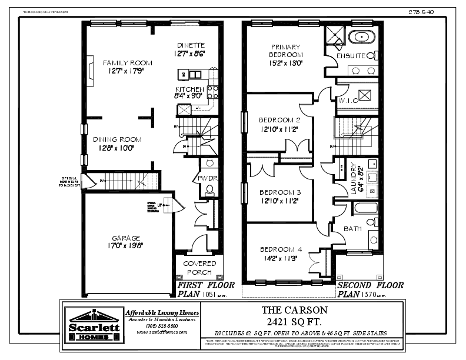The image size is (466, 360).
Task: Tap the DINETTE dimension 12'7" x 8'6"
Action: [190, 54]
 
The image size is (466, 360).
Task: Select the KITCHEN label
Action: [189, 89]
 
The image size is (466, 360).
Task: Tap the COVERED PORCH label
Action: [199, 268]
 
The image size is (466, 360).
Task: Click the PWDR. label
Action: [208, 177]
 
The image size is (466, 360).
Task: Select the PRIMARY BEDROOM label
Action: [285, 51]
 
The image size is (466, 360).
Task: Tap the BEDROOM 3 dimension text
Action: [279, 201]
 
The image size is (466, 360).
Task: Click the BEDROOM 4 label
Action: [280, 249]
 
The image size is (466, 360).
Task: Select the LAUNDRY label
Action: [354, 178]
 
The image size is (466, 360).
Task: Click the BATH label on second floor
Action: [353, 229]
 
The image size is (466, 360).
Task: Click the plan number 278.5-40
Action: [421, 11]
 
